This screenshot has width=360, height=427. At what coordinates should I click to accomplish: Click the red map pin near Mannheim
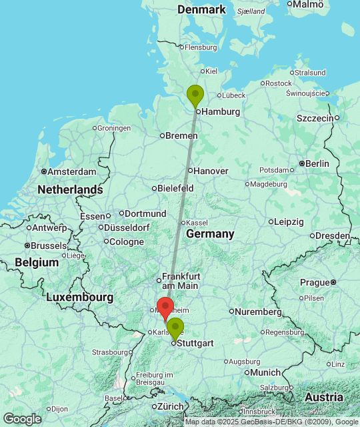click(164, 307)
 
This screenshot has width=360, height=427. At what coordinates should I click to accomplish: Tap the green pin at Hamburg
click(195, 95)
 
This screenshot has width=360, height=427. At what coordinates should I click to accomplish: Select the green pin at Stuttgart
click(175, 328)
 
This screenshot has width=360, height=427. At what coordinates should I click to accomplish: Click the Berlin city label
click(317, 163)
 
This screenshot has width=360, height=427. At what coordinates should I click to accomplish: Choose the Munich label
click(267, 372)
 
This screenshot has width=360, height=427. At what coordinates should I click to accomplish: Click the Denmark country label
click(202, 9)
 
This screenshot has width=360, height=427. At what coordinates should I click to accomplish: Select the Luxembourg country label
click(79, 297)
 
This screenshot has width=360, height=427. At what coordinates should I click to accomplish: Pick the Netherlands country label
click(70, 189)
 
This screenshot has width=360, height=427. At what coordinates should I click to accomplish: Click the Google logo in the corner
click(22, 418)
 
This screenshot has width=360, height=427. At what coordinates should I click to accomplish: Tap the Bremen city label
click(181, 135)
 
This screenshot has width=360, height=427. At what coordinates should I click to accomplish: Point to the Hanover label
click(211, 171)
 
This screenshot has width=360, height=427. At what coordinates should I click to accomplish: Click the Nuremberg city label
click(259, 312)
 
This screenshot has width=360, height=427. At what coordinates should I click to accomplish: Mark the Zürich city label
click(169, 406)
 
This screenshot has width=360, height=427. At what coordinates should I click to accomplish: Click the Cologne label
click(127, 242)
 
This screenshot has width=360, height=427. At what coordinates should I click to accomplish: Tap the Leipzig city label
click(289, 222)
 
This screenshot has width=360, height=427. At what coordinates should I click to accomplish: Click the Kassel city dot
click(183, 222)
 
